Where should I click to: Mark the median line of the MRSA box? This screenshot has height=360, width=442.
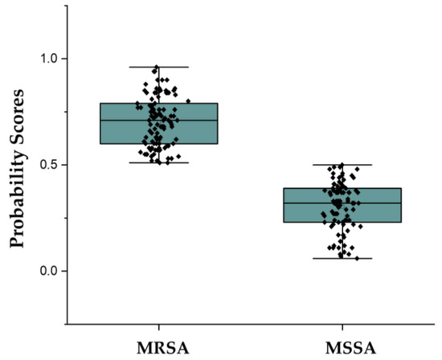click(159, 120)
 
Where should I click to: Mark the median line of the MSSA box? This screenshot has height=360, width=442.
click(343, 202)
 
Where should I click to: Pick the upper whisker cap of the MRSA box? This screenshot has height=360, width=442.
click(159, 67)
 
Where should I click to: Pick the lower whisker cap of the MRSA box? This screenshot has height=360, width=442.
click(159, 163)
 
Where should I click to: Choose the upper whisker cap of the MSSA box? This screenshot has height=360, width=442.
click(343, 165)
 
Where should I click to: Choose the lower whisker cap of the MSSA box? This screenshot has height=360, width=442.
click(343, 258)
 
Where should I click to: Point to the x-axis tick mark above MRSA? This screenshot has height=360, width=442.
click(159, 321)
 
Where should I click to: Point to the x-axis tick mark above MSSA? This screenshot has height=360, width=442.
click(343, 321)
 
